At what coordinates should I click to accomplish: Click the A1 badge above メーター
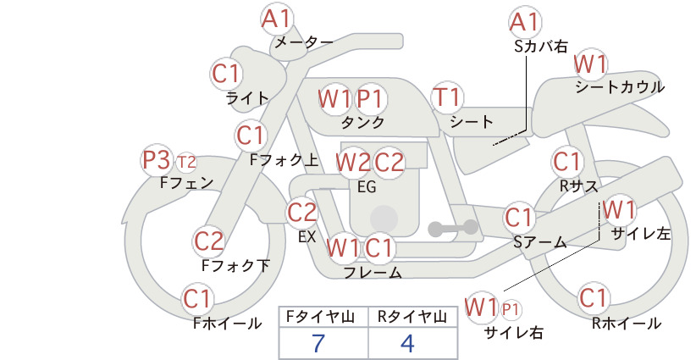coord(276,19)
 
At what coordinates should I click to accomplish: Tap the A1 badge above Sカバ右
coord(524,21)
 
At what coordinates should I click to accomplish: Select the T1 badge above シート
coord(447,97)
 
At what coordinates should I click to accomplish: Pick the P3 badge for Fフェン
coord(157,160)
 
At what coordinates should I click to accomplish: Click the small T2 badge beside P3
coord(186,163)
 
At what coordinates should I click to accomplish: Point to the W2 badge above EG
coord(353,163)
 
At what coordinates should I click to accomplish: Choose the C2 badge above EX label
coord(302,212)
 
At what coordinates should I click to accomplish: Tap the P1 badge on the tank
coord(370,98)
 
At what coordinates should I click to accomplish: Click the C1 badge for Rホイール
coord(593,297)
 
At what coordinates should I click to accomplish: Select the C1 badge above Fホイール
coord(197,298)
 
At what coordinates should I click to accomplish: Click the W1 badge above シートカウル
coord(590,64)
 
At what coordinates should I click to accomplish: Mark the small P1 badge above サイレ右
coord(511,309)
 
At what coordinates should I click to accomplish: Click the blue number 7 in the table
coord(318,343)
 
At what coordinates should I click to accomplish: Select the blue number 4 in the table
coord(407,343)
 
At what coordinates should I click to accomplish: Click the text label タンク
coord(362,122)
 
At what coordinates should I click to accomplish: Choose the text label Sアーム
coord(540,242)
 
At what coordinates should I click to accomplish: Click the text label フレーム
coord(373,272)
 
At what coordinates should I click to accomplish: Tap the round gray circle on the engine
coord(384,219)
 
